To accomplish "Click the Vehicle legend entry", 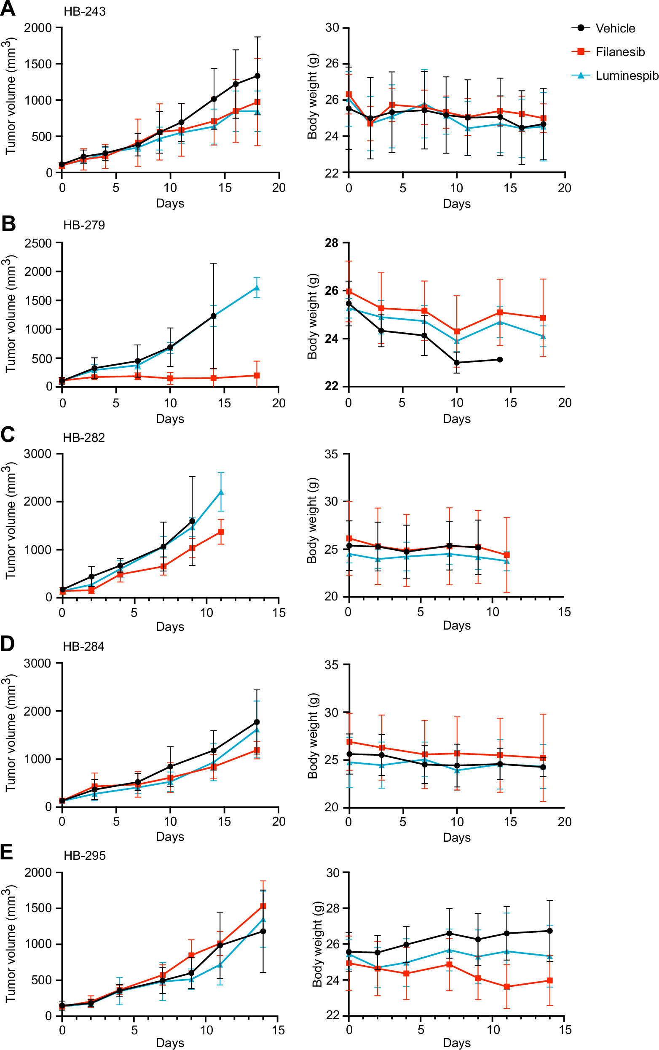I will click(x=614, y=28).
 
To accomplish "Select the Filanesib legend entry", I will click(x=619, y=52).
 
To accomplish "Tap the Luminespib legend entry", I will click(x=626, y=75).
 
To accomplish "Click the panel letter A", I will click(x=8, y=9).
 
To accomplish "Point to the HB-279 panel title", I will click(x=84, y=225).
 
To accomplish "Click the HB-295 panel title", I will click(x=85, y=856).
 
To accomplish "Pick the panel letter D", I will click(x=8, y=643).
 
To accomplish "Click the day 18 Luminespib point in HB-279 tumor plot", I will click(x=257, y=288).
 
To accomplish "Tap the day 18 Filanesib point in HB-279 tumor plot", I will click(x=257, y=375).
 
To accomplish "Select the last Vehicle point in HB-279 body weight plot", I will click(x=500, y=359).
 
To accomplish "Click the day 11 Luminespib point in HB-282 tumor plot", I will click(x=221, y=492).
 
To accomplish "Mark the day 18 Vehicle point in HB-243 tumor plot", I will click(x=257, y=76).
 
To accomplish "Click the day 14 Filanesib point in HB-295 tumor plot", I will click(x=263, y=906).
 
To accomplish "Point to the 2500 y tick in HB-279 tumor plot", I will click(x=38, y=243).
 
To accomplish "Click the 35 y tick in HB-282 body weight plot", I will click(x=331, y=454).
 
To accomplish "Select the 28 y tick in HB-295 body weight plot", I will click(x=332, y=908).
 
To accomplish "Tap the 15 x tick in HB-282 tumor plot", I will click(x=279, y=613).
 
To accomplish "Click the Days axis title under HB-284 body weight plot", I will click(x=456, y=837).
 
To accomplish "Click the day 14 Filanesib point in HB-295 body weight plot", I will click(x=549, y=980).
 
